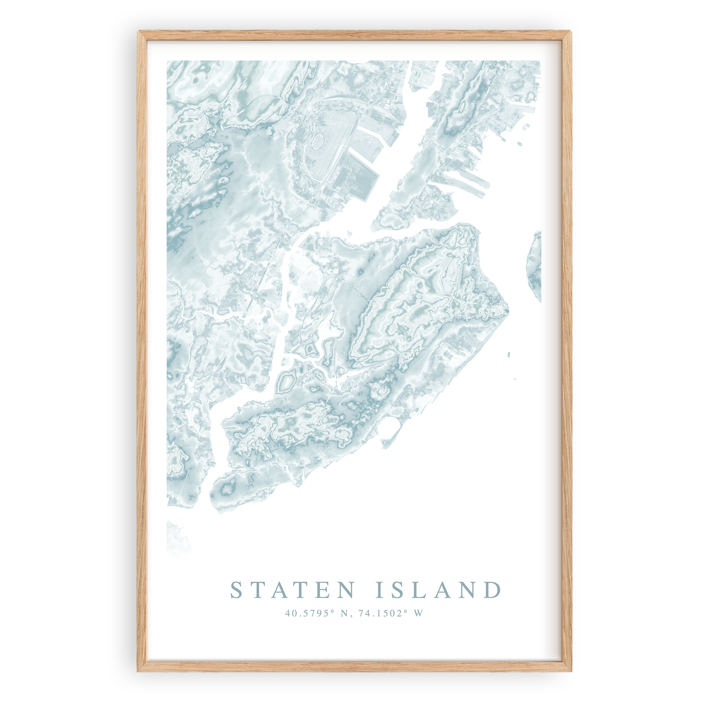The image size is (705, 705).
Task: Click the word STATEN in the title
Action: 292,590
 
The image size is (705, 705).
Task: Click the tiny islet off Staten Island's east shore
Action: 509,354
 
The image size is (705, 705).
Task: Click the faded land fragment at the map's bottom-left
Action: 176,537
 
